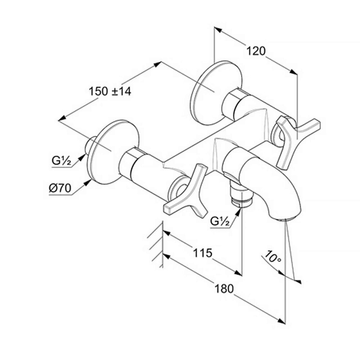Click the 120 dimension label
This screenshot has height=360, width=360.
click(x=256, y=51)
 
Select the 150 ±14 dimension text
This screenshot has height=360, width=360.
click(x=110, y=91)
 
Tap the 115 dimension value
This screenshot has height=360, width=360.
click(x=202, y=253)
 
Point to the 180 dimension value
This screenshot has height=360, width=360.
click(x=224, y=289)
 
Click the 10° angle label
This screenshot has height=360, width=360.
click(x=272, y=257)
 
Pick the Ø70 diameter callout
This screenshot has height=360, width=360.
click(x=60, y=189)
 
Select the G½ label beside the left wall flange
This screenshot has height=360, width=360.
click(x=61, y=161)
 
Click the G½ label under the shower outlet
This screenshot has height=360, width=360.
click(x=220, y=221)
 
